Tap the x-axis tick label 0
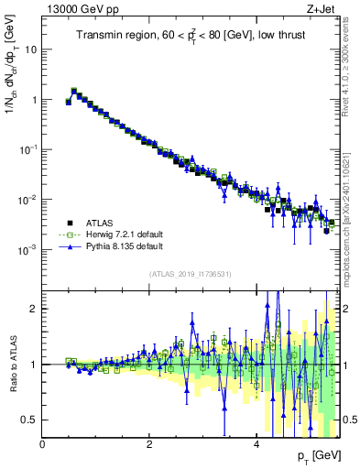[x=43, y=444]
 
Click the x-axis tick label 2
[x=149, y=444]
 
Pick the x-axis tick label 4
[x=256, y=444]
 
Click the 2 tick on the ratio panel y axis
[x=34, y=309]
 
